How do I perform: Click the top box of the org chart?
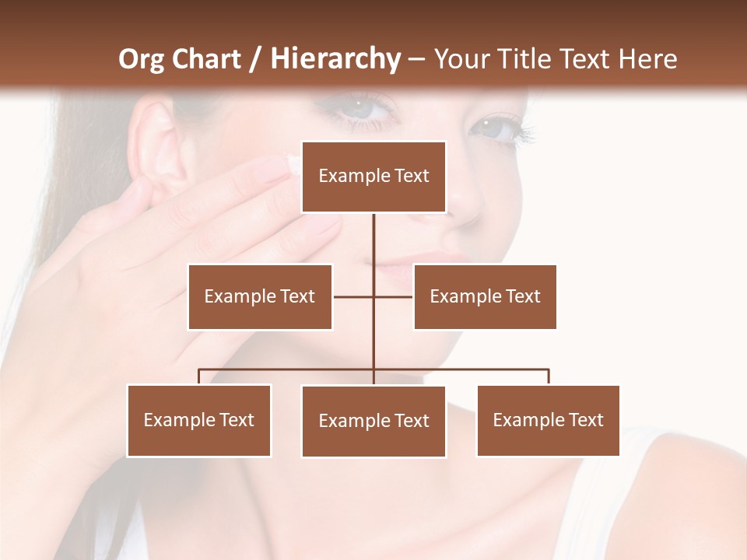coord(373,177)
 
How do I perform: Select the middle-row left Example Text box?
coord(260,296)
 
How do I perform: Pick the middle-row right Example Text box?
coord(485,296)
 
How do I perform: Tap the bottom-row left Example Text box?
coord(199,420)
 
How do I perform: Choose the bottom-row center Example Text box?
coord(373,421)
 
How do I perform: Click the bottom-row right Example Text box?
coord(548,420)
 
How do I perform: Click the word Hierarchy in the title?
coord(335,58)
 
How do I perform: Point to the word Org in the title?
coord(141,59)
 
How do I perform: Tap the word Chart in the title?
coord(206,59)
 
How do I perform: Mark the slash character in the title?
coord(255,59)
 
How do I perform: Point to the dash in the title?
coord(416,59)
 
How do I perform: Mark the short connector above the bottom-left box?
coord(199,377)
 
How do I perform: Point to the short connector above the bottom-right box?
coord(549,377)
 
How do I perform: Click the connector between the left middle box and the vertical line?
coord(352,296)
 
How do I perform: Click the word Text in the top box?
coord(412,176)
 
